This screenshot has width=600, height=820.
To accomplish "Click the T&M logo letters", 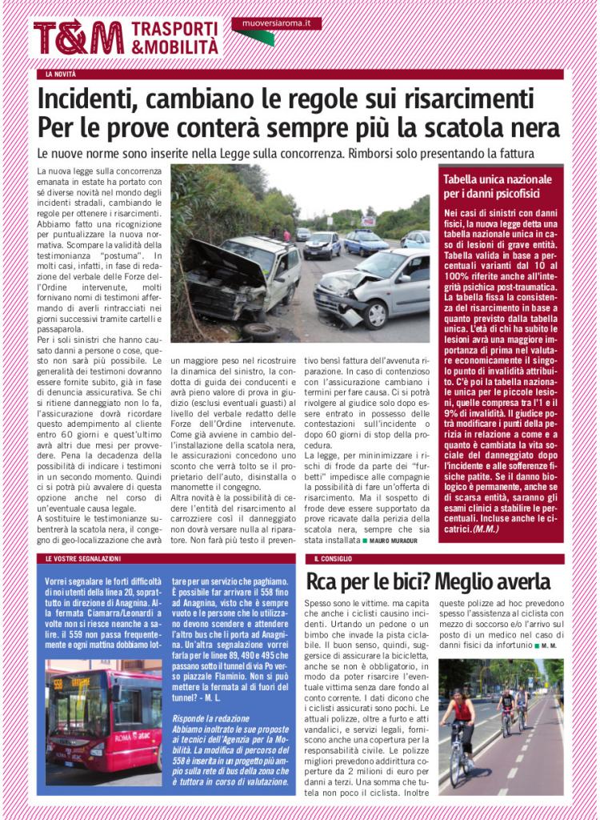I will pos(78,38).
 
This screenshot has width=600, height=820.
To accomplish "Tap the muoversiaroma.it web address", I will pos(276,25).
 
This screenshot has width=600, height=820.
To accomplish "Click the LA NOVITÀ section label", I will pos(61,74).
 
